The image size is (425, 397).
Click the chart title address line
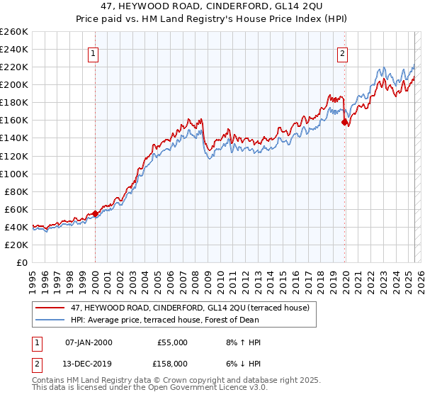(212, 6)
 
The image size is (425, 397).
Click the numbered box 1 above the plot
(93, 52)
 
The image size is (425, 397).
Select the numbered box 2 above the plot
(343, 52)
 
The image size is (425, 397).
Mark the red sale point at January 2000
(95, 213)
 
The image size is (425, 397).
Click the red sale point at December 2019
(344, 123)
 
